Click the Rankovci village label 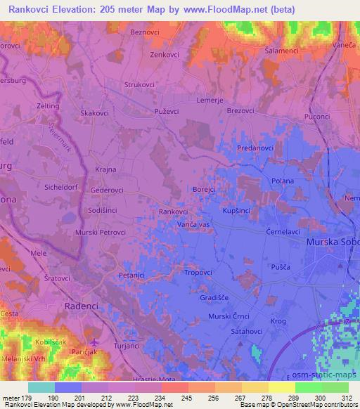(x=173, y=212)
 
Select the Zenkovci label (x=166, y=54)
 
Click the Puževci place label (x=167, y=111)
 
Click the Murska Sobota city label (x=333, y=242)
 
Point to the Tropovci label (x=198, y=272)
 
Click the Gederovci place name (x=107, y=190)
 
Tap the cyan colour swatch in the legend (x=41, y=387)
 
